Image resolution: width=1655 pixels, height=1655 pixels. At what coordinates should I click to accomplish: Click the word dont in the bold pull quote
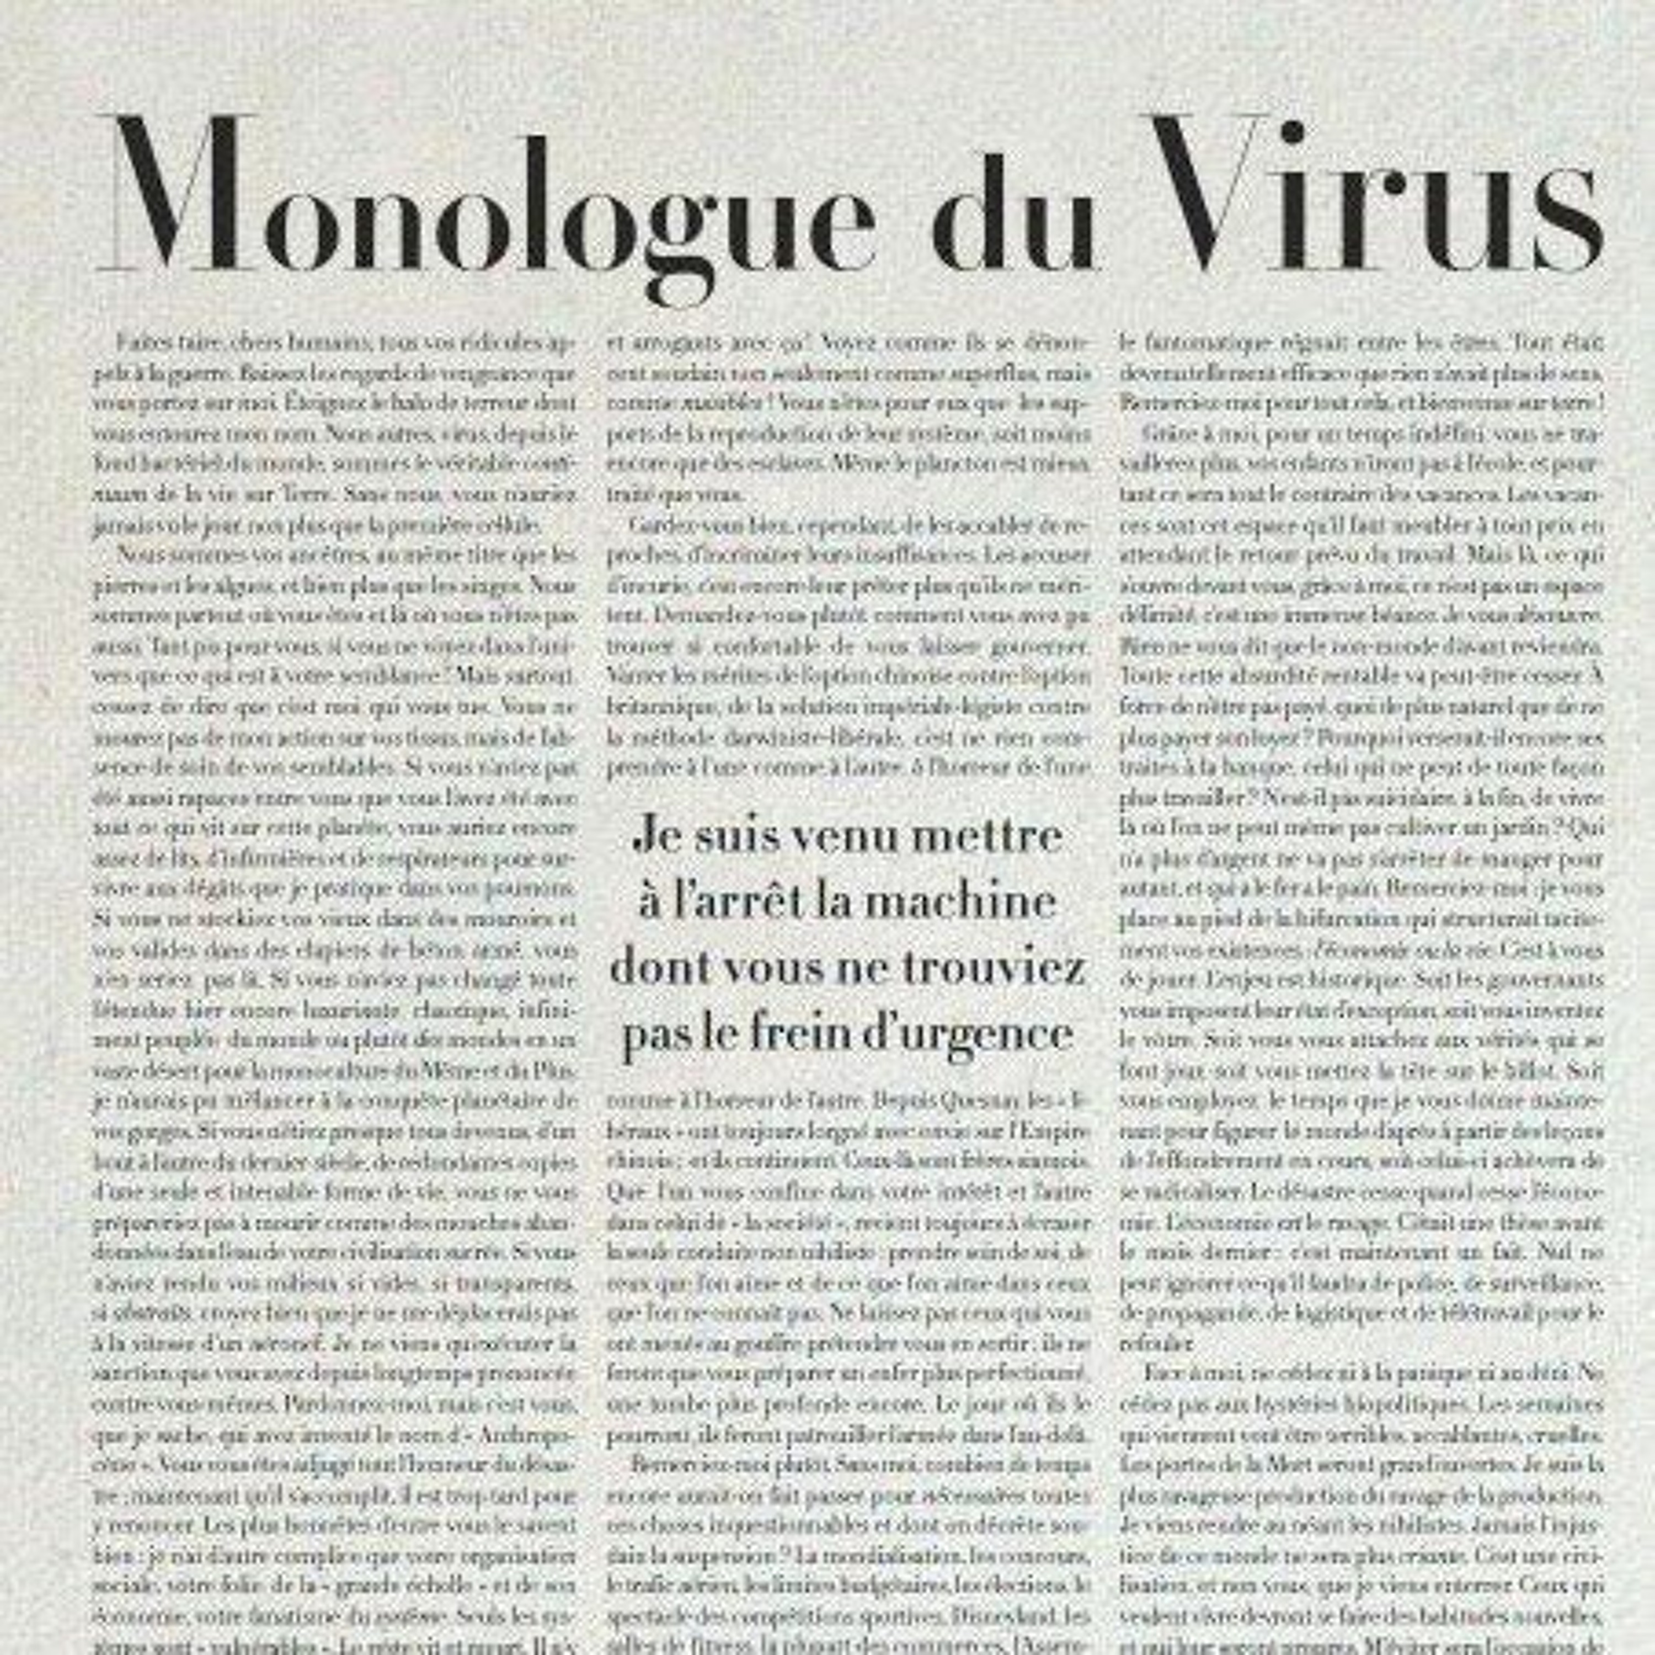[660, 968]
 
